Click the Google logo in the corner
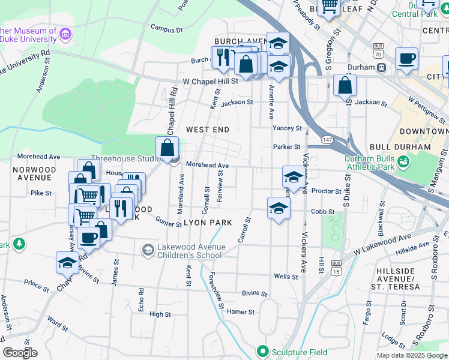(x=20, y=352)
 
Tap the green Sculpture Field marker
(x=262, y=350)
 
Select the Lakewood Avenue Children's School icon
(x=148, y=249)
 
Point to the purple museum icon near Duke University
(x=65, y=36)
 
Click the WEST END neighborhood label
(x=208, y=130)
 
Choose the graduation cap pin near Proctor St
(x=294, y=177)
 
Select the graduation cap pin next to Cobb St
(x=279, y=208)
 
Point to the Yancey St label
(x=287, y=128)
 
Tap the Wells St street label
(x=286, y=277)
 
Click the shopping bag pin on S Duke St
(x=345, y=85)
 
